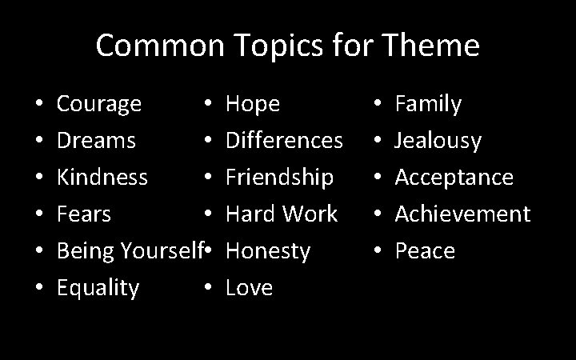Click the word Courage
(99, 104)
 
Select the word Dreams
(96, 141)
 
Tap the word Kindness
(102, 177)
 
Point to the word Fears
(84, 214)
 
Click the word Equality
(98, 287)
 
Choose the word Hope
(253, 104)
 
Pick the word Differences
(285, 141)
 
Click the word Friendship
(280, 177)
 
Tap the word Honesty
(268, 250)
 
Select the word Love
(250, 287)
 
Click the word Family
(429, 104)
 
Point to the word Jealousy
(438, 141)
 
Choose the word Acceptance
(454, 177)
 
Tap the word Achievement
(462, 214)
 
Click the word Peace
(425, 250)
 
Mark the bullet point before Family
(378, 105)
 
